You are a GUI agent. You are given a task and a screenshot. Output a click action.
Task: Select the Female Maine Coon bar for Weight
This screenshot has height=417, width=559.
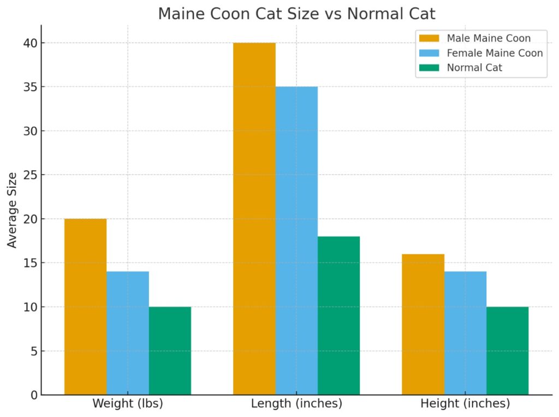click(128, 333)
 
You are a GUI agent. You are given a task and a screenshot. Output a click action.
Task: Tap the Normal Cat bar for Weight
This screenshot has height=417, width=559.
click(170, 350)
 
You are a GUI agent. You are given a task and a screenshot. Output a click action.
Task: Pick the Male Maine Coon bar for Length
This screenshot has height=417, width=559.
click(254, 218)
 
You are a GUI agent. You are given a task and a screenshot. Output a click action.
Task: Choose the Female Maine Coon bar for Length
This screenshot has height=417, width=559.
click(296, 240)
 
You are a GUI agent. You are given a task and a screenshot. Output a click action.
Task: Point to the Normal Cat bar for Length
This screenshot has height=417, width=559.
click(338, 315)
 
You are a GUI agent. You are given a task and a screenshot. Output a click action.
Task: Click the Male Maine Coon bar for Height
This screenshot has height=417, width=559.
click(423, 324)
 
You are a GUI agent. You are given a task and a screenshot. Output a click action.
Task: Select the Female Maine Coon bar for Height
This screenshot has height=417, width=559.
click(465, 333)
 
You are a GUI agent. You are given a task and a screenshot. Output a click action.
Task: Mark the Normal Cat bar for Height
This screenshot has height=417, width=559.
click(507, 350)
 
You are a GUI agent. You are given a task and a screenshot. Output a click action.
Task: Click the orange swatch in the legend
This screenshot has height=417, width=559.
click(429, 38)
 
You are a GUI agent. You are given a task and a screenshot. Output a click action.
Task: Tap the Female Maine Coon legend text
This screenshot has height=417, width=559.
click(495, 53)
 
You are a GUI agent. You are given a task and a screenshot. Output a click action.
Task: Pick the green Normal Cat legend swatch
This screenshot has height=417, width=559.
click(429, 68)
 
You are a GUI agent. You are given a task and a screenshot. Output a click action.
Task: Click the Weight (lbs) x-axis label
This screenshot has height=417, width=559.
click(128, 404)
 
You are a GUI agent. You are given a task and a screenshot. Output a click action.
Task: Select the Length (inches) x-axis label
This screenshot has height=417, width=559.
click(296, 404)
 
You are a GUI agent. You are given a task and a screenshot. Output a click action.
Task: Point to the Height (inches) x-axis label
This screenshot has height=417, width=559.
click(465, 404)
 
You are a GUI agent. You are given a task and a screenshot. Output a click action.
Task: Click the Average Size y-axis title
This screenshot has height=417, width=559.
click(13, 210)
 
